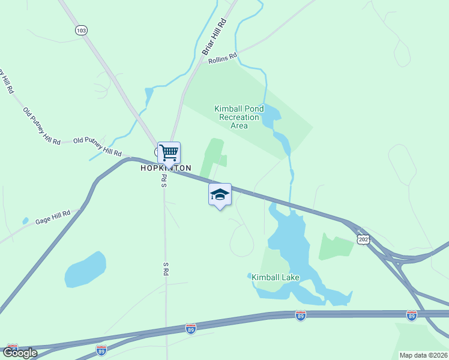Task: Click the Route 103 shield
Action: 82,29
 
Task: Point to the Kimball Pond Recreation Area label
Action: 239,117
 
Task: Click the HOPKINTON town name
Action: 166,168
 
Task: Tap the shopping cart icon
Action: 169,152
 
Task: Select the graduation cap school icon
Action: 220,194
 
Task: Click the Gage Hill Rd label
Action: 53,217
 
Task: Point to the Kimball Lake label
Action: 276,277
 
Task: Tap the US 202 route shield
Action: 363,239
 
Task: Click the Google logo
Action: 19,353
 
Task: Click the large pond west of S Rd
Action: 85,269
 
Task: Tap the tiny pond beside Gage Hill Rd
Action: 25,221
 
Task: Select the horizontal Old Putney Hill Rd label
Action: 97,146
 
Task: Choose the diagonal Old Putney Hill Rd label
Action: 41,126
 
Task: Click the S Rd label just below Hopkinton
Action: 163,181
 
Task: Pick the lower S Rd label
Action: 165,268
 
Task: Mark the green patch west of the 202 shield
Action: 336,246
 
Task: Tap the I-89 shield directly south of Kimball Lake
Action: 301,315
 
